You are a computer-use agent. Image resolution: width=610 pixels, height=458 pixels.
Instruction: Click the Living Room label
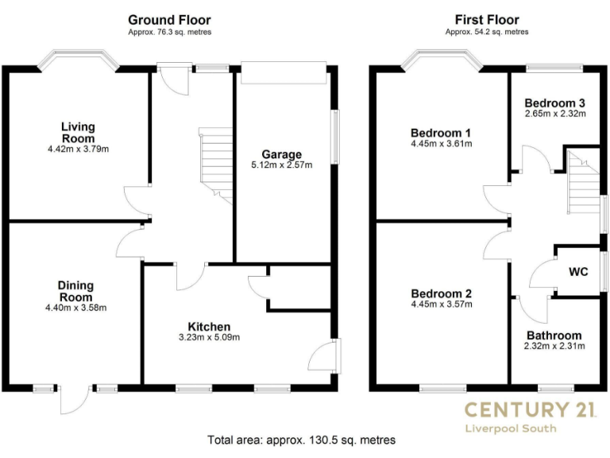(78, 132)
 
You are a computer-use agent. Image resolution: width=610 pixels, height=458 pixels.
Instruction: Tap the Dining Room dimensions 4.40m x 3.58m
(76, 308)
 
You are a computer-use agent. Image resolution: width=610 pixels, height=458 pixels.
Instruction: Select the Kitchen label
(209, 326)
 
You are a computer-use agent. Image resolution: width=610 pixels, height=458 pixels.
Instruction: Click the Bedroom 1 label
(441, 132)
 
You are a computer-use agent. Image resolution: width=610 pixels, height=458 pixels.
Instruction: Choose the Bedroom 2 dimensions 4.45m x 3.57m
(441, 304)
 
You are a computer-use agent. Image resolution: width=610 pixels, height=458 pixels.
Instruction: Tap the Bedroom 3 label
(555, 103)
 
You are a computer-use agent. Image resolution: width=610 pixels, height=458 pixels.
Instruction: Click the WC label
(578, 271)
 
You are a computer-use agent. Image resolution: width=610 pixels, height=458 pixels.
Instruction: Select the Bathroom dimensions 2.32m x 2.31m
(554, 346)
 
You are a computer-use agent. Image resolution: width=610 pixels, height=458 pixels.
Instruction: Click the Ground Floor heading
(169, 19)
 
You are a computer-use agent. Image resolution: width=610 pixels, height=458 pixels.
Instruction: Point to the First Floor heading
(486, 19)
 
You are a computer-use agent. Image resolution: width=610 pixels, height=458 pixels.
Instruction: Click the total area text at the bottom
(301, 440)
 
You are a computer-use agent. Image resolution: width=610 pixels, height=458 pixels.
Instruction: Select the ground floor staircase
(214, 163)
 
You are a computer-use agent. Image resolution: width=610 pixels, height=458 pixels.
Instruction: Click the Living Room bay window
(78, 60)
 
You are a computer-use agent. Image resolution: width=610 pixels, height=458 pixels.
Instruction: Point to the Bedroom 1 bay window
(441, 60)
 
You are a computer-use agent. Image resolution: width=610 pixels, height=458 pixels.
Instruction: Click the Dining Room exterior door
(76, 399)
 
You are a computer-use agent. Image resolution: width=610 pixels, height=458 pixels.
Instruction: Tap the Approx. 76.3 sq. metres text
(169, 33)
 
